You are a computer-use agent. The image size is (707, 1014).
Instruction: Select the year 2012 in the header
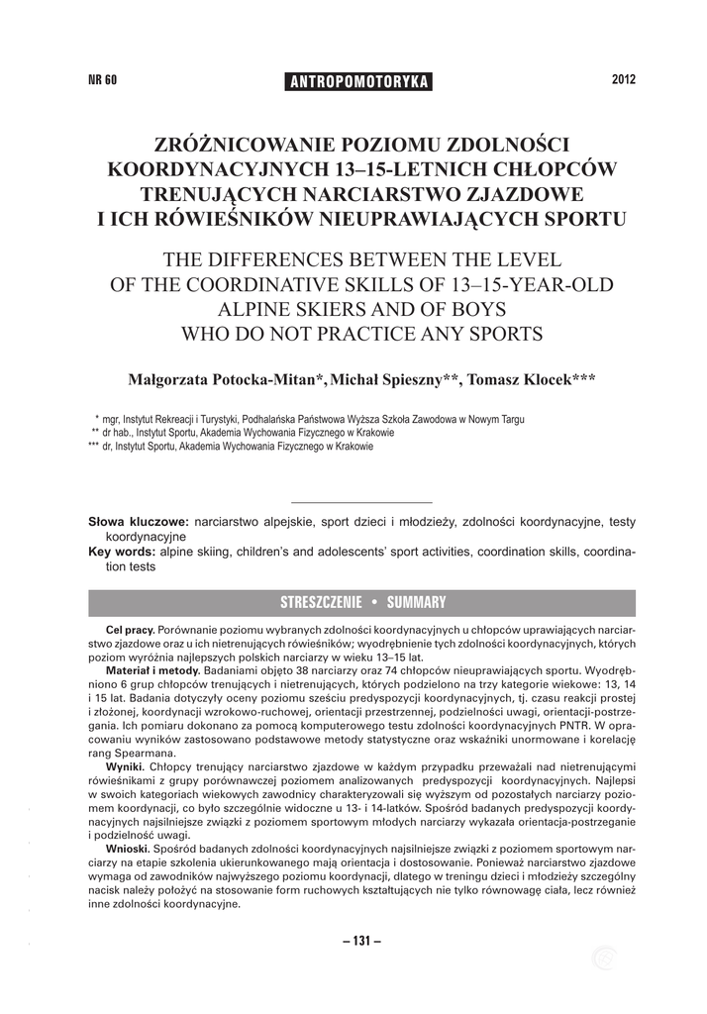pos(623,80)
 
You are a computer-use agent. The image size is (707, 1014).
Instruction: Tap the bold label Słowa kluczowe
pos(139,521)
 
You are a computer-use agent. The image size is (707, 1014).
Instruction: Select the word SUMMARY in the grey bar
pos(417,602)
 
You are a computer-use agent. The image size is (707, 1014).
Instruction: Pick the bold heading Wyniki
pos(125,765)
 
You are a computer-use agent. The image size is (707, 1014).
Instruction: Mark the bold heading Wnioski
pos(128,850)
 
